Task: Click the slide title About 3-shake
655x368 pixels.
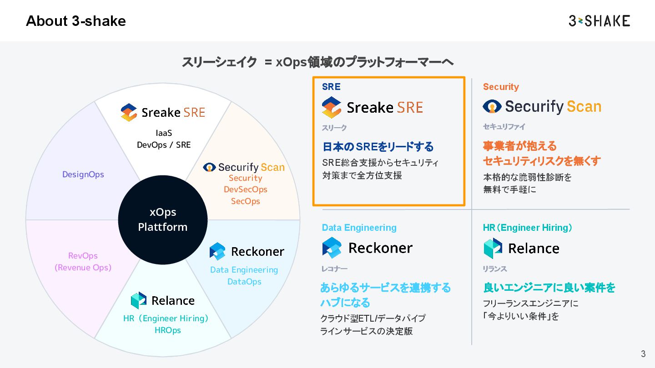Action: (x=76, y=21)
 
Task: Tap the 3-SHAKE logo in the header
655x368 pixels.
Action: (x=599, y=21)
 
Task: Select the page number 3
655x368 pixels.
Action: (x=643, y=354)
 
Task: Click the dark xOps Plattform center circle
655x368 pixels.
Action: (x=162, y=219)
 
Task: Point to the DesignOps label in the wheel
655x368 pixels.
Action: (x=83, y=174)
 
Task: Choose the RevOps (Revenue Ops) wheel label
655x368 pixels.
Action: (x=83, y=262)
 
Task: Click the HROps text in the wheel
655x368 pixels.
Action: (x=167, y=330)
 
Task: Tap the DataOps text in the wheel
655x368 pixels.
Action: (x=244, y=282)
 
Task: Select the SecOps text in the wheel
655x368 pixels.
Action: (x=245, y=201)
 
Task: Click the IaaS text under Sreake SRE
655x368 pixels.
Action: (x=164, y=133)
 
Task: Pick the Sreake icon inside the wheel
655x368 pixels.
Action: (x=129, y=112)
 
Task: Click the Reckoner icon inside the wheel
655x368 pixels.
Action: (x=217, y=251)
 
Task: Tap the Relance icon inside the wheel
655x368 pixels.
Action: (x=139, y=300)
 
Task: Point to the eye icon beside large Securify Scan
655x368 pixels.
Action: (x=492, y=106)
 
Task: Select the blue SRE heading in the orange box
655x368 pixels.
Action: (x=331, y=87)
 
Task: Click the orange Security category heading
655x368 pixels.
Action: (x=501, y=87)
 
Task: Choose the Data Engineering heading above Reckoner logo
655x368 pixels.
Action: (x=359, y=228)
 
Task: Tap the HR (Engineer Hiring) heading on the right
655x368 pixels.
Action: (x=528, y=228)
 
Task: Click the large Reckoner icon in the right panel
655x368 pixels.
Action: (x=332, y=248)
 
